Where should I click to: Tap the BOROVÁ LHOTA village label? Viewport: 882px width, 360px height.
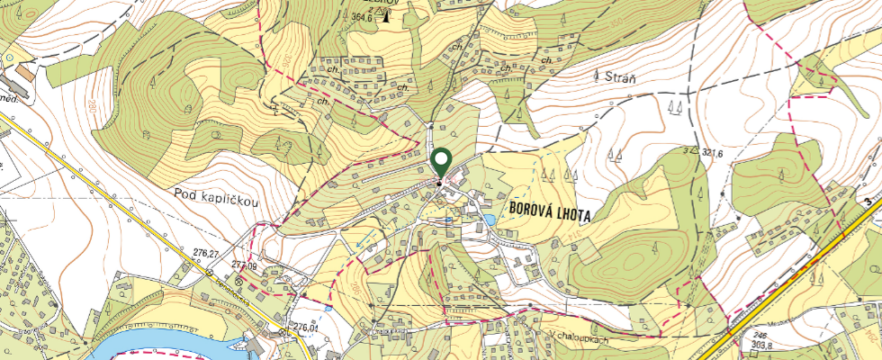pyautogui.click(x=562, y=207)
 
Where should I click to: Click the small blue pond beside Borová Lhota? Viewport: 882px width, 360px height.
pyautogui.click(x=489, y=219)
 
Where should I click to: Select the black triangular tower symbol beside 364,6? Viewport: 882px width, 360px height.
pyautogui.click(x=386, y=14)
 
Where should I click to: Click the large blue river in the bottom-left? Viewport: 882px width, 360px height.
pyautogui.click(x=153, y=346)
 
